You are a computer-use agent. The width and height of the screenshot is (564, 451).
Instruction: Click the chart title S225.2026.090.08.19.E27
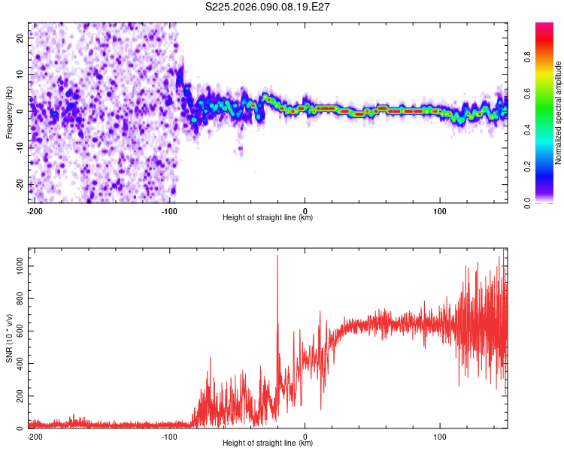click(x=268, y=7)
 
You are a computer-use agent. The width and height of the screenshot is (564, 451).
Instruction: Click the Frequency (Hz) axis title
click(x=9, y=111)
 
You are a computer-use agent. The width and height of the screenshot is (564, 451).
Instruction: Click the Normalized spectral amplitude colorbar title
click(x=559, y=113)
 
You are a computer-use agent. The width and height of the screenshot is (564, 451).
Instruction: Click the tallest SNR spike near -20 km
click(x=277, y=256)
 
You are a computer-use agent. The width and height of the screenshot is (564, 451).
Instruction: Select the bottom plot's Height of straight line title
click(x=268, y=443)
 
